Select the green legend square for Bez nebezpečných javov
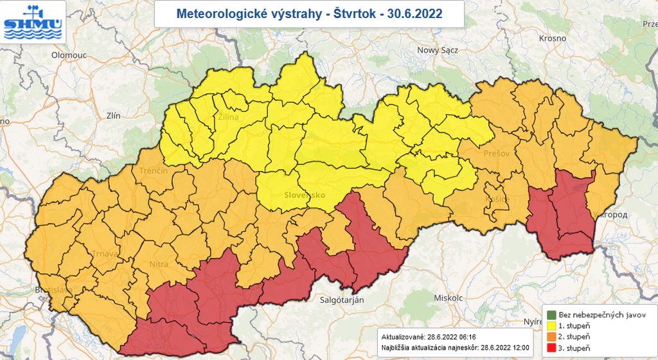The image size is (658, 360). click(x=551, y=315)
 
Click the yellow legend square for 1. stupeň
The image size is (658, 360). click(x=551, y=326)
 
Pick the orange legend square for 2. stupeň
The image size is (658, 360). click(x=551, y=337)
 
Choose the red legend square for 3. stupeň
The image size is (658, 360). click(x=551, y=348)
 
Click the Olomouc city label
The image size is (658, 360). click(x=69, y=55)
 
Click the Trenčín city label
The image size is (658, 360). click(x=153, y=171)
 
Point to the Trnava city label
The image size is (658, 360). click(x=104, y=253)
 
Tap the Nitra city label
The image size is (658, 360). click(x=159, y=264)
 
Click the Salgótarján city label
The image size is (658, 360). click(x=342, y=300)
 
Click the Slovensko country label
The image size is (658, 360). click(x=305, y=195)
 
